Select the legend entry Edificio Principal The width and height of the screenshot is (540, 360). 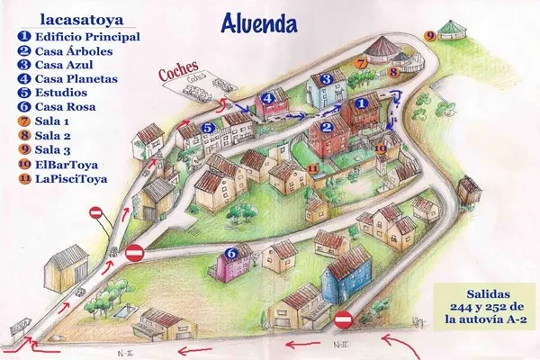[x=87, y=37]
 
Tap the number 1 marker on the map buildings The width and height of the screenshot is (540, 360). [x=362, y=105]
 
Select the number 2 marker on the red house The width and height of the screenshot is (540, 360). [x=329, y=128]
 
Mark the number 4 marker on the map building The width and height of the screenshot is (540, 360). [x=267, y=98]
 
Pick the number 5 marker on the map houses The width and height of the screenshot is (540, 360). [x=208, y=129]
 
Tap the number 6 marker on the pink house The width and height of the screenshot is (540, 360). [x=231, y=253]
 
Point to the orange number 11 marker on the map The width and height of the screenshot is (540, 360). [x=312, y=167]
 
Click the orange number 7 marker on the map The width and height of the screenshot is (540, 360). [x=361, y=64]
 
